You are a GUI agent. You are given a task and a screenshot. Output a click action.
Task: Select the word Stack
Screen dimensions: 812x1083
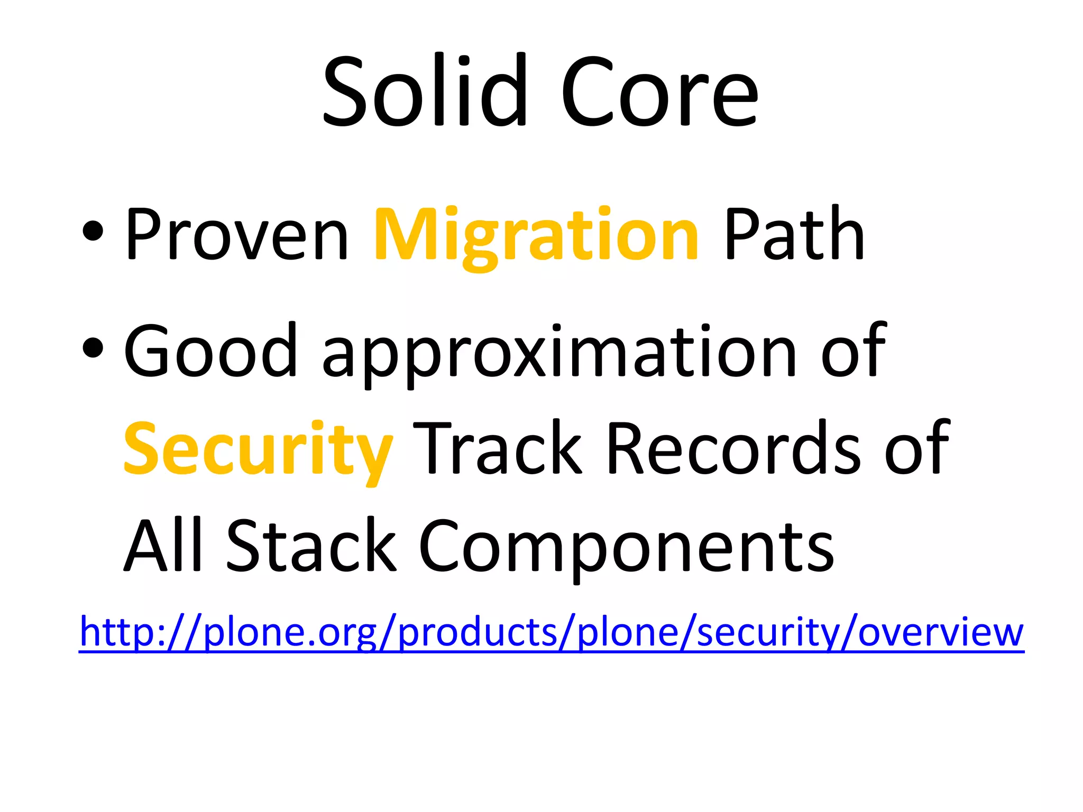311,546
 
